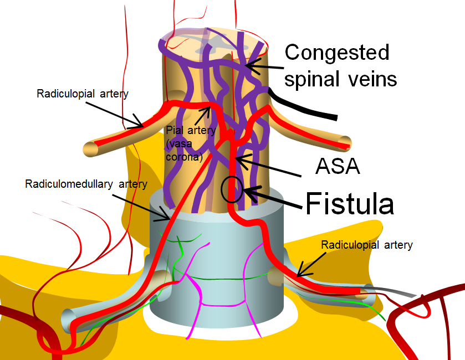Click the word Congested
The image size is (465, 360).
click(336, 53)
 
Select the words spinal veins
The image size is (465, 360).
click(340, 79)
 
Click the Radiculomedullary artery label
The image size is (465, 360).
click(86, 184)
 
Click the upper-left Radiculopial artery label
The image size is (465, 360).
click(83, 94)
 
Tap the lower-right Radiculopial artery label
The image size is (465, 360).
click(367, 244)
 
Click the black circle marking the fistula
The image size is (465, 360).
click(232, 189)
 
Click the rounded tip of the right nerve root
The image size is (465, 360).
click(346, 143)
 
